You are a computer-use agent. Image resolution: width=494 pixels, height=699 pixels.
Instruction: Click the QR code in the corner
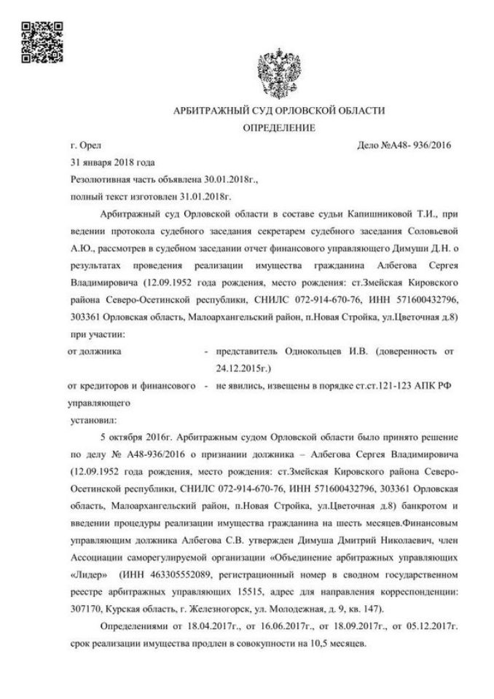(37, 41)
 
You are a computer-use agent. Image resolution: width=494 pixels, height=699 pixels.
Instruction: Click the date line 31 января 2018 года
(112, 162)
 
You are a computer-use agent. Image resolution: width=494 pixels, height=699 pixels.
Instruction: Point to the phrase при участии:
(97, 334)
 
